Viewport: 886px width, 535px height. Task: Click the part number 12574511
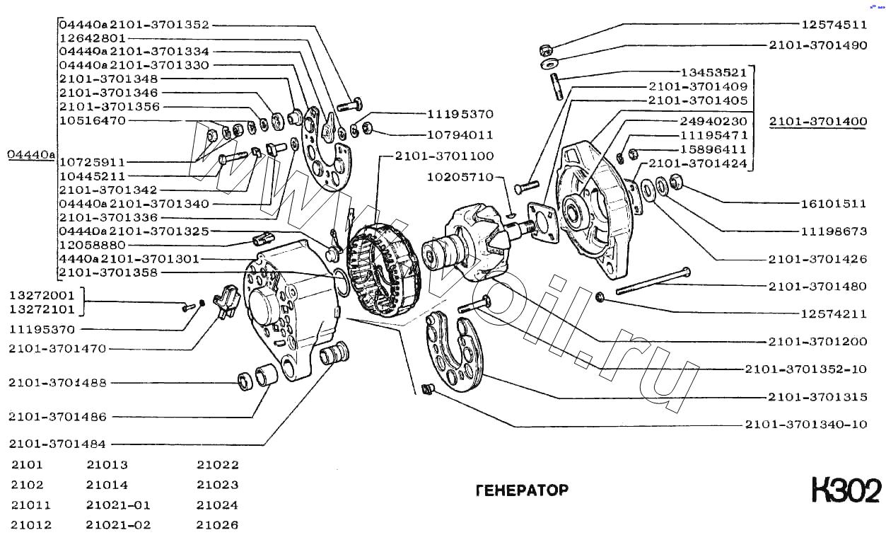[x=834, y=25]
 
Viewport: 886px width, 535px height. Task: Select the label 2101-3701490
[x=818, y=45]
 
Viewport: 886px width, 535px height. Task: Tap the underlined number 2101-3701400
[x=818, y=122]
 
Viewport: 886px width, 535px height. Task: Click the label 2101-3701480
[x=818, y=287]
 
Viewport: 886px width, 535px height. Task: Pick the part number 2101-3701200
[x=818, y=342]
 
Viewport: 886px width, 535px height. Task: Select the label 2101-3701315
[x=818, y=397]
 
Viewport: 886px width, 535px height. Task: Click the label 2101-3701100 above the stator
[x=445, y=155]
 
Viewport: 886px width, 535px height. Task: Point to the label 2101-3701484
[x=57, y=444]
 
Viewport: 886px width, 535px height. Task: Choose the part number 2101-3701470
[x=57, y=348]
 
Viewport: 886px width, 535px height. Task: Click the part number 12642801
[x=92, y=38]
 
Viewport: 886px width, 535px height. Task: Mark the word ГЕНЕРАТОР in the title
[x=522, y=490]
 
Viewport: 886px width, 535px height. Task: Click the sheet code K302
[x=846, y=490]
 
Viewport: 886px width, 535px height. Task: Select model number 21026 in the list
[x=218, y=525]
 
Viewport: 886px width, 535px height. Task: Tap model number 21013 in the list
[x=107, y=465]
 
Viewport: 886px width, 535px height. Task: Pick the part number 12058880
[x=92, y=245]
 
